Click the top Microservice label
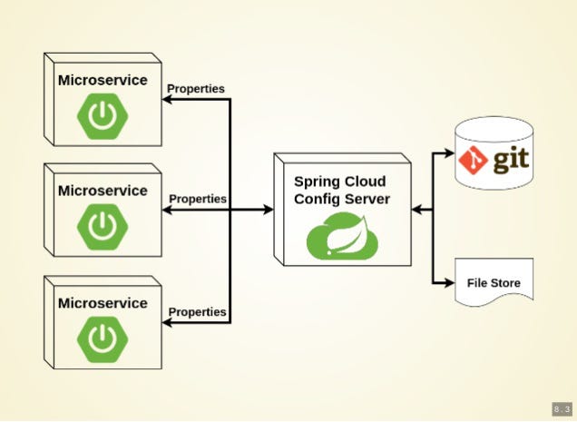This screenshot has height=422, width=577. pyautogui.click(x=103, y=80)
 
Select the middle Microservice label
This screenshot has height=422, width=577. pyautogui.click(x=103, y=191)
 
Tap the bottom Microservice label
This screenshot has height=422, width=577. pyautogui.click(x=103, y=302)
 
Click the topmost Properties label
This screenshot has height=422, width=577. pyautogui.click(x=196, y=89)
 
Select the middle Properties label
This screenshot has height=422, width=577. pyautogui.click(x=198, y=198)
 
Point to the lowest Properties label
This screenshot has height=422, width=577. pyautogui.click(x=197, y=311)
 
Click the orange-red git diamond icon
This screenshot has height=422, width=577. pyautogui.click(x=473, y=160)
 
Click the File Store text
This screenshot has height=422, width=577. pyautogui.click(x=494, y=283)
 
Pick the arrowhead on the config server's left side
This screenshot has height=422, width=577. pyautogui.click(x=268, y=210)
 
